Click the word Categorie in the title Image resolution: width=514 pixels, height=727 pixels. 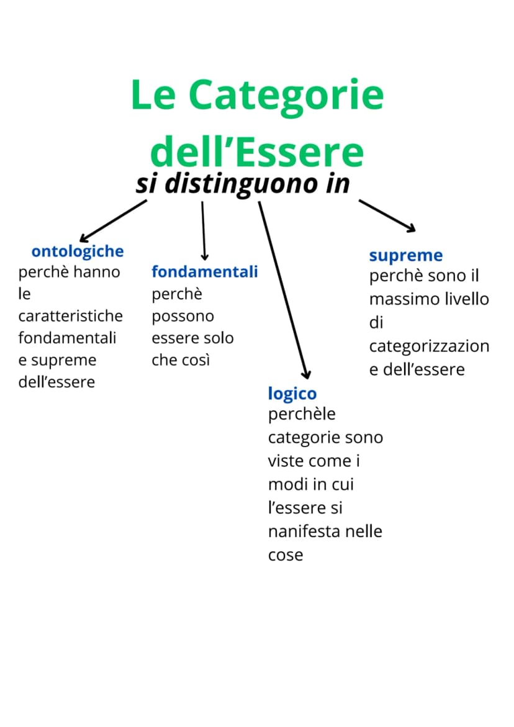tap(286, 97)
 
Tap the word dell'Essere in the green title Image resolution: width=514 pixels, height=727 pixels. tap(257, 151)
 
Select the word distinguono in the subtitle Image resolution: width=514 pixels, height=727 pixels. tap(241, 184)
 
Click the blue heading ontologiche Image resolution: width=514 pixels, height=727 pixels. tap(78, 252)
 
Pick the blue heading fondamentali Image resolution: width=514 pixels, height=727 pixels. tap(204, 272)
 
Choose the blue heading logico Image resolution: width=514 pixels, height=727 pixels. tap(292, 394)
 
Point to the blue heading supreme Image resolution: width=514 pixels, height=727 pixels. tap(405, 256)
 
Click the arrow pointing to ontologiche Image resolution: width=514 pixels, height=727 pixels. tap(113, 220)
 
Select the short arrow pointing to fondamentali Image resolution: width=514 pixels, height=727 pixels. tap(204, 230)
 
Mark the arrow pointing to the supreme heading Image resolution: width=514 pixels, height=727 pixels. tap(387, 215)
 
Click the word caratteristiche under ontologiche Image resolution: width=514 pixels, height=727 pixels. tap(70, 316)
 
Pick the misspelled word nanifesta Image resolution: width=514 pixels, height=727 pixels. tap(305, 531)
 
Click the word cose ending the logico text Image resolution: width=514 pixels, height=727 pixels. tap(286, 555)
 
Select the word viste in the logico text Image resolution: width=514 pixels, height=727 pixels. tap(286, 461)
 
